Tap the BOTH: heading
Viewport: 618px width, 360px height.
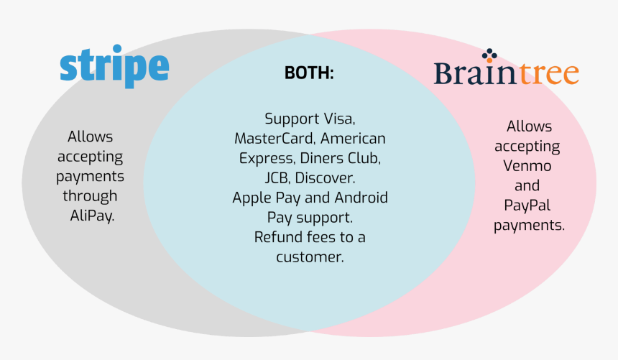309,73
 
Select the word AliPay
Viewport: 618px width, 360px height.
91,214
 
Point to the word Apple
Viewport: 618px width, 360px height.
252,197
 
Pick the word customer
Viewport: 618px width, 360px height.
310,257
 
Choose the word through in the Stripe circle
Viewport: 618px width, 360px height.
90,195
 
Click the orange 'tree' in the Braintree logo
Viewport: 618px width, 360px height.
550,73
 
